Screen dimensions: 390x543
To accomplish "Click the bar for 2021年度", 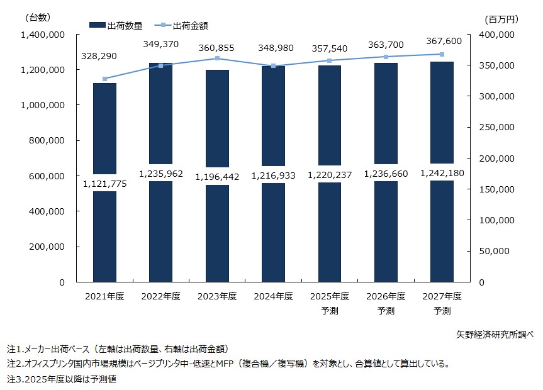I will pyautogui.click(x=104, y=239).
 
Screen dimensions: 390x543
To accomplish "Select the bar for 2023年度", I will pyautogui.click(x=217, y=239).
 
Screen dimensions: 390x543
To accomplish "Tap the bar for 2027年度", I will pyautogui.click(x=442, y=239).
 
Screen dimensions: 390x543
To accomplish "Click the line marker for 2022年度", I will pyautogui.click(x=160, y=65).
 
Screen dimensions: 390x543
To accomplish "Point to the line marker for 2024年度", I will pyautogui.click(x=273, y=65).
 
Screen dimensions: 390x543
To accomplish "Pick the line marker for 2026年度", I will pyautogui.click(x=386, y=57).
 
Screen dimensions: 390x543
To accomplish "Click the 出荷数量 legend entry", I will pyautogui.click(x=117, y=25).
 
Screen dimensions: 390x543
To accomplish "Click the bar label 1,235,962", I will pyautogui.click(x=160, y=174).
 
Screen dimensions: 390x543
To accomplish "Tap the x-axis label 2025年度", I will pyautogui.click(x=329, y=296).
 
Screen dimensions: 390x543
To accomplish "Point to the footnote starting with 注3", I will pyautogui.click(x=62, y=379).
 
